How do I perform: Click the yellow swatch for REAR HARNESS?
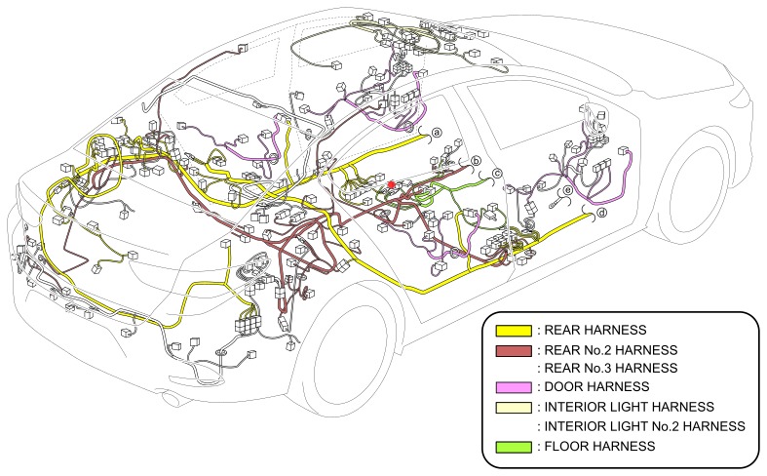pyautogui.click(x=513, y=330)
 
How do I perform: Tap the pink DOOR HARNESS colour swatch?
pyautogui.click(x=513, y=387)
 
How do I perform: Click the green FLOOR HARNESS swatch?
pyautogui.click(x=513, y=445)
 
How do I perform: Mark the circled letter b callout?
pyautogui.click(x=477, y=161)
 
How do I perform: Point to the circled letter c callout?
pyautogui.click(x=496, y=174)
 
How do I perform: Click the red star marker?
pyautogui.click(x=391, y=182)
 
